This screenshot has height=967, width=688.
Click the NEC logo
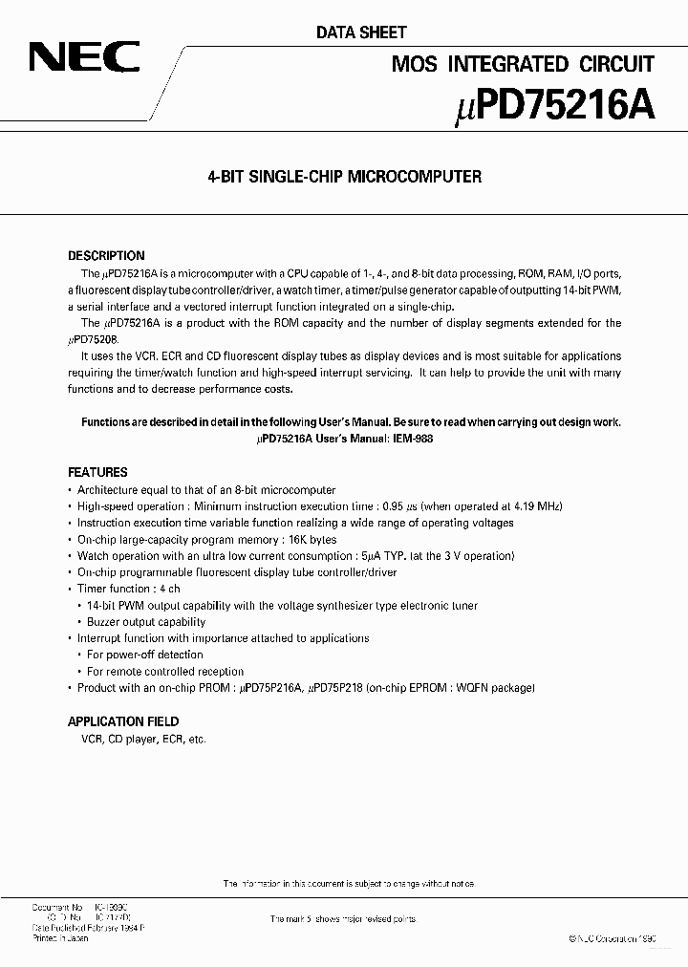tap(83, 58)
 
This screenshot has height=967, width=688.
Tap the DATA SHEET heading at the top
tap(361, 32)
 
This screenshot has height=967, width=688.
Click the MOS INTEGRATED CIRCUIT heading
tap(523, 64)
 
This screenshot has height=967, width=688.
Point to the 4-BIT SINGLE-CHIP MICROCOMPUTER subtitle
tap(344, 177)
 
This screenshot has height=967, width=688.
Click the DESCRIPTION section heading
tap(106, 256)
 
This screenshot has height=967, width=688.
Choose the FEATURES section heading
tap(97, 472)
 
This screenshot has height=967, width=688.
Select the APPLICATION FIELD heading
tap(123, 721)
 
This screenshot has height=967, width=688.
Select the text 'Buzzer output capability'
tap(146, 622)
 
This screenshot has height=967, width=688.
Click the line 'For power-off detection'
tap(145, 655)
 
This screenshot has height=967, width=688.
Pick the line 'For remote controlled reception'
tap(165, 672)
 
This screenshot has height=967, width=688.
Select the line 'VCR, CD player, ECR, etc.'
tap(137, 739)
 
